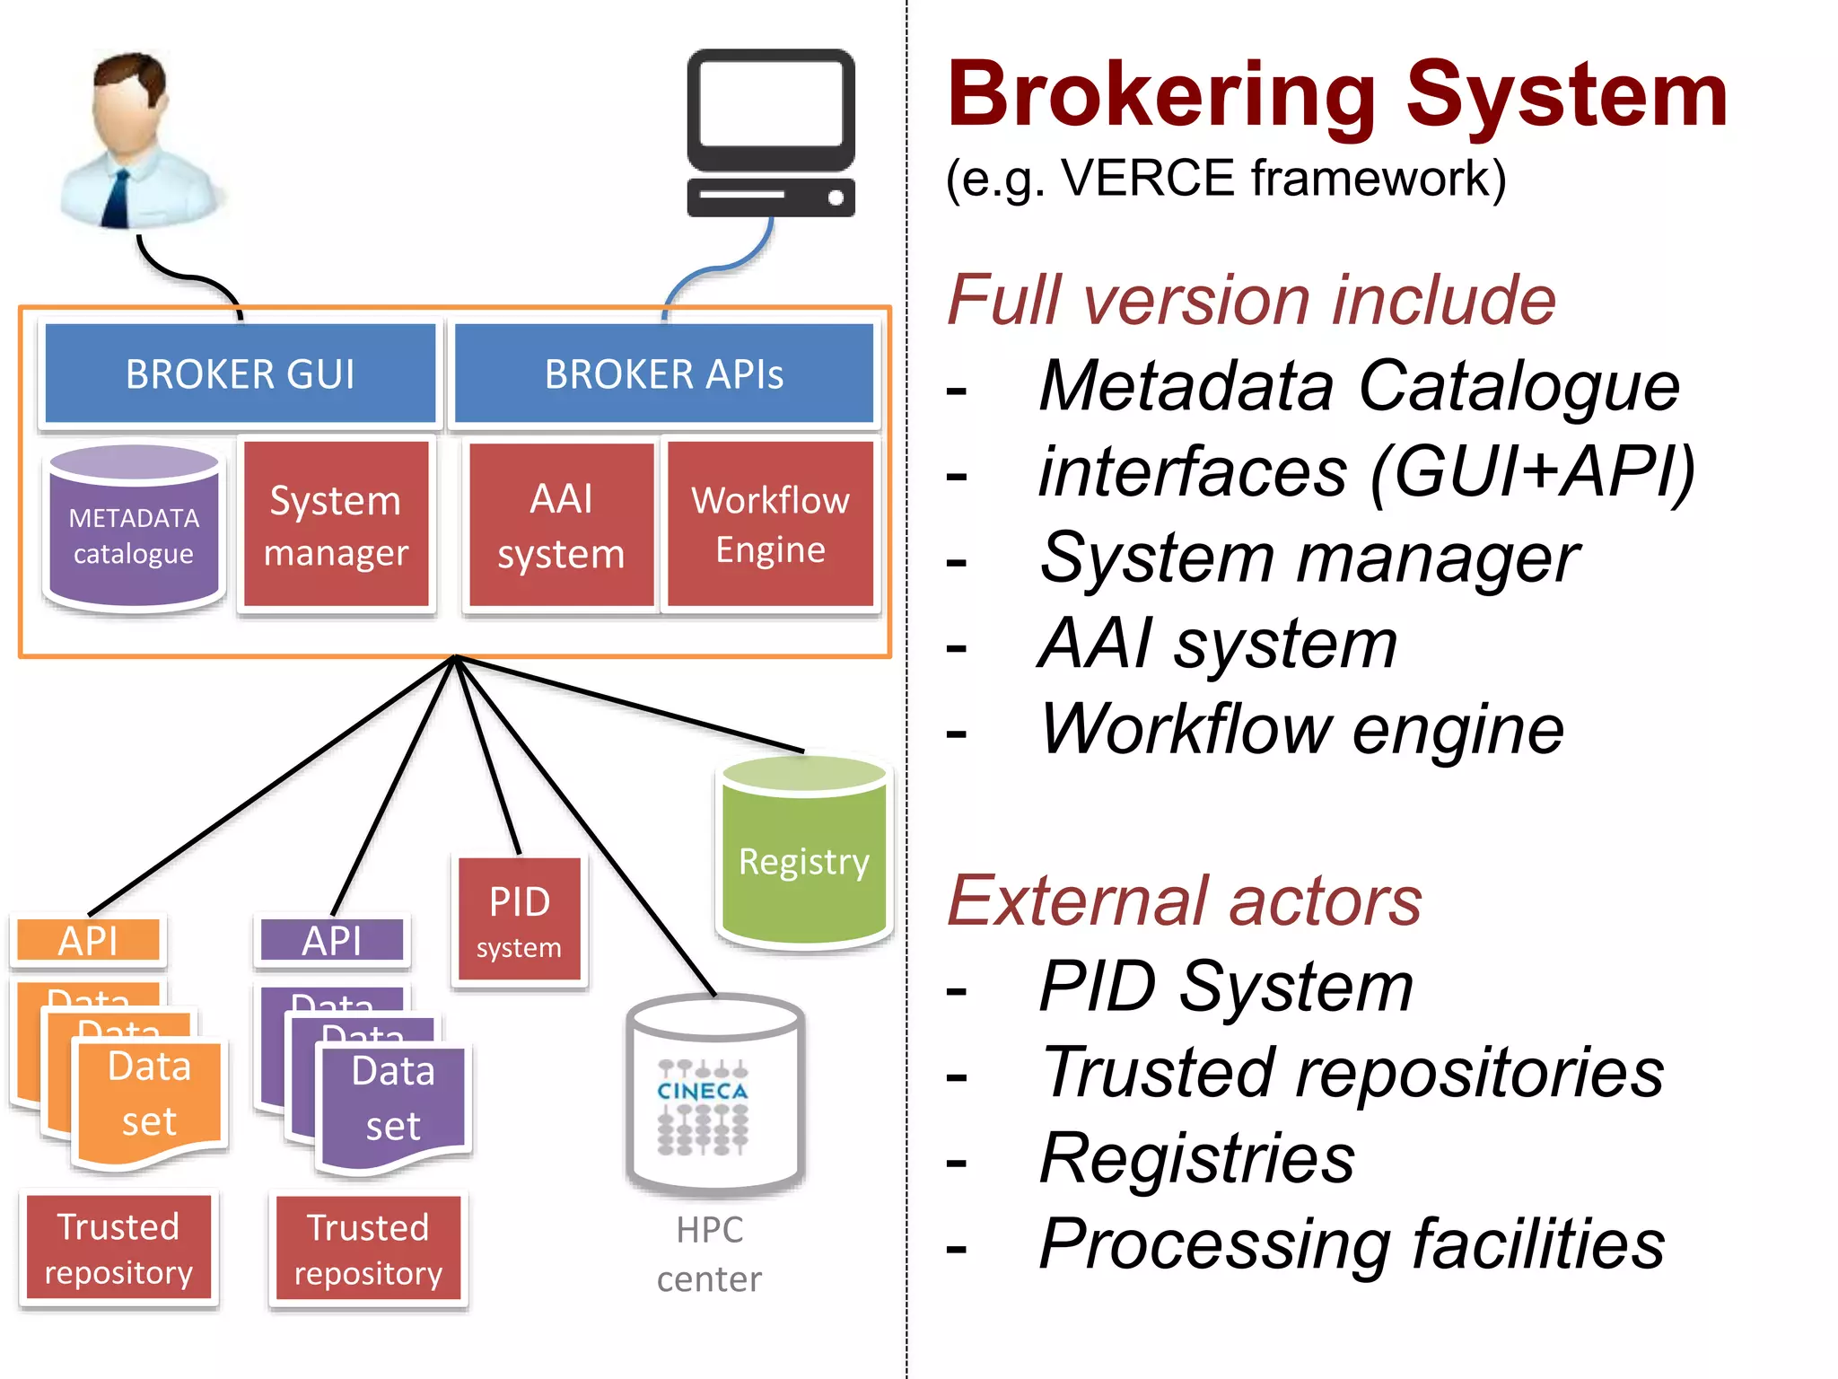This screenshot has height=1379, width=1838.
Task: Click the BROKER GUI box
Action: pos(240,373)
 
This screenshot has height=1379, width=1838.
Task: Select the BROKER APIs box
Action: pos(663,373)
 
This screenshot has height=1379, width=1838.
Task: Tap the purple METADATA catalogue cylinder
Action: pos(134,536)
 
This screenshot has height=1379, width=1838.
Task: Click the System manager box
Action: pos(336,525)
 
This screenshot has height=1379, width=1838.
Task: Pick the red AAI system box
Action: pos(561,526)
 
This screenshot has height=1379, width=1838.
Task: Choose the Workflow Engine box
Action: pos(770,524)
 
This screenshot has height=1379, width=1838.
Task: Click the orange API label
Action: pos(88,940)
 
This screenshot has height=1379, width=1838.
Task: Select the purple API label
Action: pos(332,940)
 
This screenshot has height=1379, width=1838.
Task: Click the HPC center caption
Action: pos(709,1253)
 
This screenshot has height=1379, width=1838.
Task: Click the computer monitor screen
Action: pos(770,103)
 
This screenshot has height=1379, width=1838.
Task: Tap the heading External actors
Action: pos(1184,900)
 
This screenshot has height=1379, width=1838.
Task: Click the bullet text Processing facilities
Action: pos(1352,1243)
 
